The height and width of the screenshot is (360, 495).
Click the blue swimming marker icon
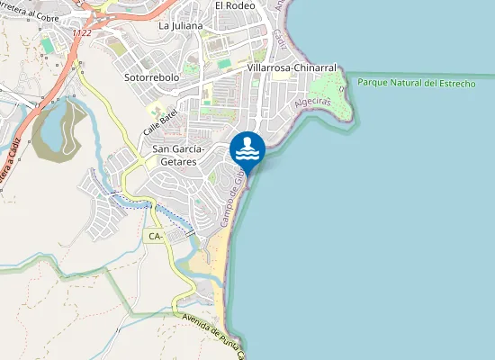[x=247, y=148]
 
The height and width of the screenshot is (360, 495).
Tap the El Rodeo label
[x=235, y=5]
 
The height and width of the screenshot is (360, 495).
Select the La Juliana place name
[x=180, y=26]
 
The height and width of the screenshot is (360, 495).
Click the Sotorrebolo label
[x=151, y=78]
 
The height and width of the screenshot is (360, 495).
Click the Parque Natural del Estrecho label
[x=416, y=83]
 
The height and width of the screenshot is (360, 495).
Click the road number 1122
[x=83, y=33]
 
